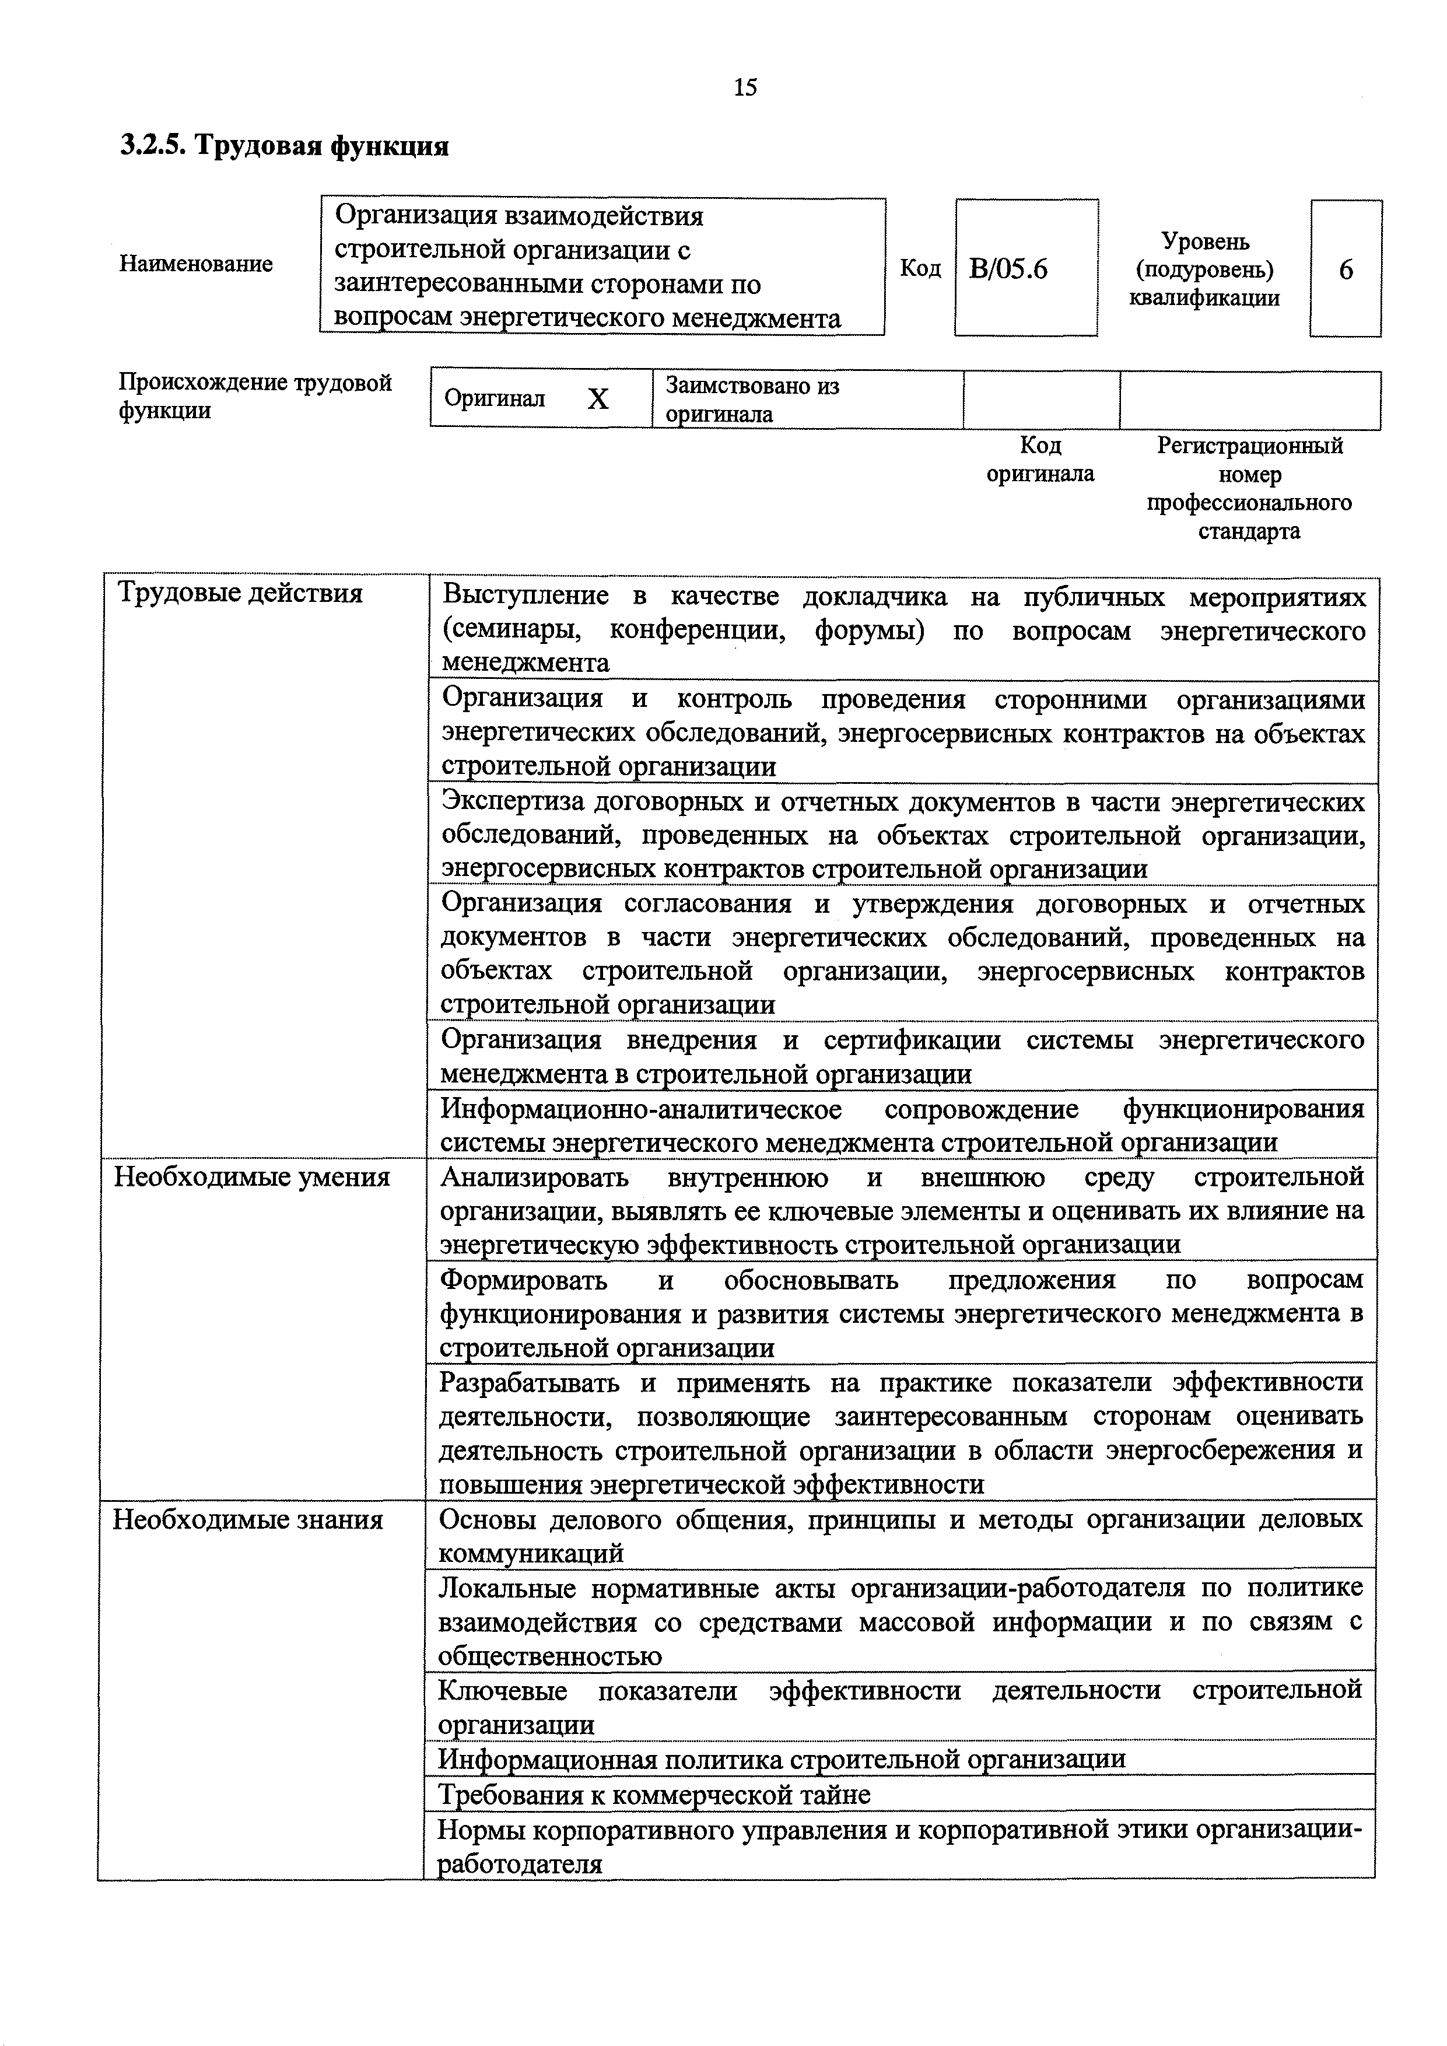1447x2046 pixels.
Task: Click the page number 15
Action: [x=745, y=87]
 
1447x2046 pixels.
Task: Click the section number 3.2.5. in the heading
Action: [x=152, y=145]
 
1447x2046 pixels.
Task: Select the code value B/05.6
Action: [x=1008, y=268]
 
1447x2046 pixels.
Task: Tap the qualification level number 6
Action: [x=1346, y=269]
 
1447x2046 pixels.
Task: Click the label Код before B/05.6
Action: [x=920, y=268]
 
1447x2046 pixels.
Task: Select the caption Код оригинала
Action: [x=1040, y=459]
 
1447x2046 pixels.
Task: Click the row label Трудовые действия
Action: [x=240, y=594]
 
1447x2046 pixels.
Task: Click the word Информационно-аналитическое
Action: [x=642, y=1109]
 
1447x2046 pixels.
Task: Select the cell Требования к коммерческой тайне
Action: [x=654, y=1794]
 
